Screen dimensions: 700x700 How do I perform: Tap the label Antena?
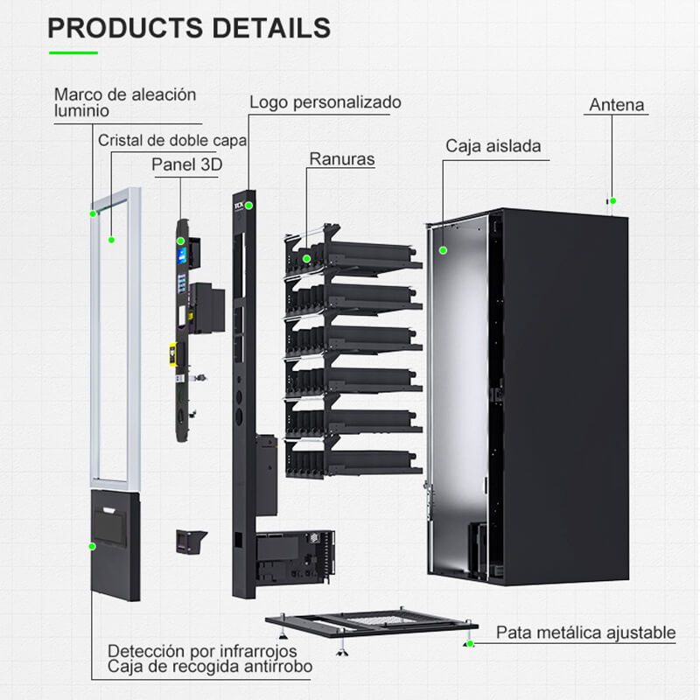[x=617, y=106]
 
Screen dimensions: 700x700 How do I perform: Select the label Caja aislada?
[x=493, y=146]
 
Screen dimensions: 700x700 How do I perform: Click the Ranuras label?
[x=342, y=159]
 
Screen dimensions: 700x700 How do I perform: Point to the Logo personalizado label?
[x=325, y=102]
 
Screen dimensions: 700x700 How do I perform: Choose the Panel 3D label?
[x=187, y=164]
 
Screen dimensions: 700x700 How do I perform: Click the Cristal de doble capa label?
[x=172, y=140]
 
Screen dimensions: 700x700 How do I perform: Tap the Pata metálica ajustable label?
[x=586, y=632]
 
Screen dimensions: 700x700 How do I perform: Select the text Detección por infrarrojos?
[x=202, y=651]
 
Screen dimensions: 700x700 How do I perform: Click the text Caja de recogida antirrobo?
[x=210, y=668]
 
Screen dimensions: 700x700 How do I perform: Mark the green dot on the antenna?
[x=613, y=201]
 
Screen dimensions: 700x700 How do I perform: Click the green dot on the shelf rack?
[x=306, y=259]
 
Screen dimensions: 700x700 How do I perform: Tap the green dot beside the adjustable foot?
[x=471, y=644]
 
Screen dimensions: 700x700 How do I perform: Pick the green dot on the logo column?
[x=249, y=206]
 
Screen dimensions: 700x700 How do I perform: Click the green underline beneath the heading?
[x=73, y=52]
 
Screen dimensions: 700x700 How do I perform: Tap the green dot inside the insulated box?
[x=443, y=250]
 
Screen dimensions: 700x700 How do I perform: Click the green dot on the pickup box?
[x=91, y=546]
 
